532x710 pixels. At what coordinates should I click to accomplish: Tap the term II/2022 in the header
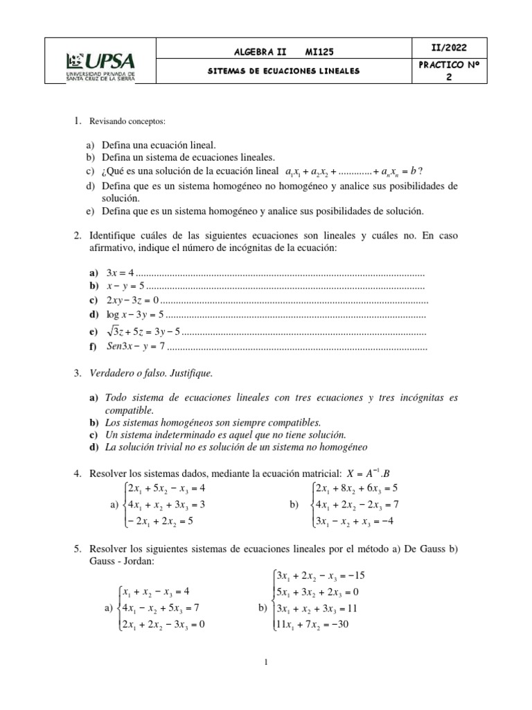448,48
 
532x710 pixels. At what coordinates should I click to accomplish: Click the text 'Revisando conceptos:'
127,122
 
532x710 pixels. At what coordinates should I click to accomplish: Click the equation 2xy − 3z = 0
132,300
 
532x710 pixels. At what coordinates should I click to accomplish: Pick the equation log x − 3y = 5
135,314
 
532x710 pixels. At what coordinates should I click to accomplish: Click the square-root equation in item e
143,331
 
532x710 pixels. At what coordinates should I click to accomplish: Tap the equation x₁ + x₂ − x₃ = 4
156,592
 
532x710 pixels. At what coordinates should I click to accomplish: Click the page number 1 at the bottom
266,663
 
